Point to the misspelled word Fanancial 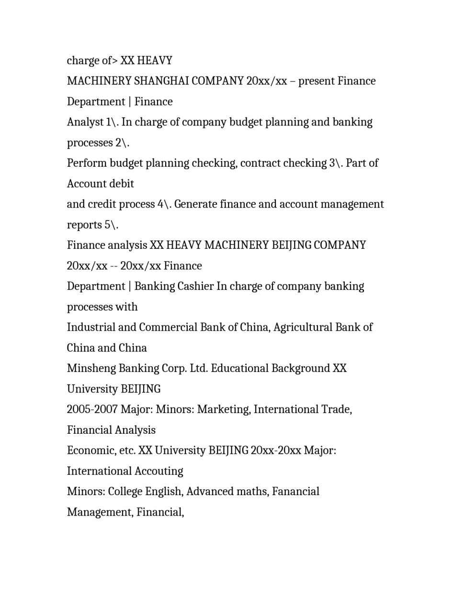pyautogui.click(x=296, y=492)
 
